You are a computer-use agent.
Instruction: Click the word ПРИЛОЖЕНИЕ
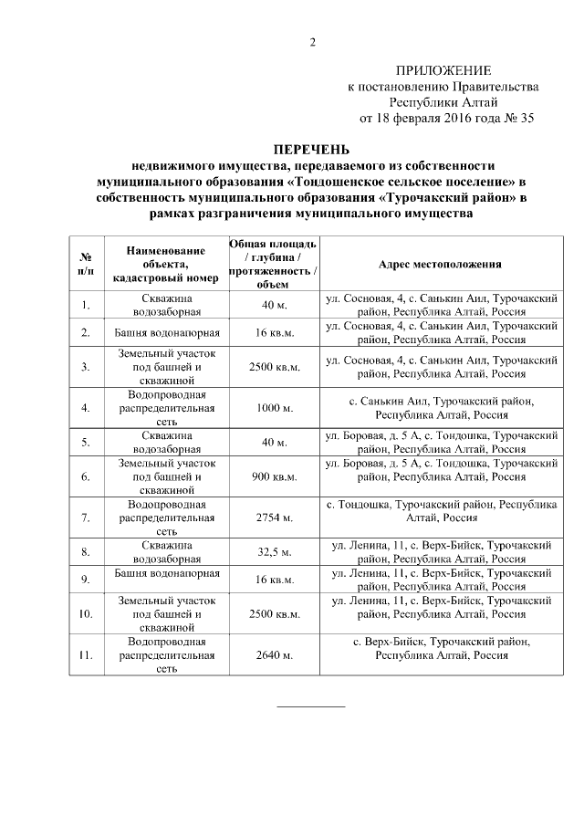coord(443,70)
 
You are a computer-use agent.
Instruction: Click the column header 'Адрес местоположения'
coord(442,264)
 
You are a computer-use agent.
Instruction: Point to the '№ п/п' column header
coord(85,264)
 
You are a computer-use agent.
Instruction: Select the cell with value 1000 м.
coord(274,408)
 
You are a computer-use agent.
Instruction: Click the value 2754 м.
coord(274,518)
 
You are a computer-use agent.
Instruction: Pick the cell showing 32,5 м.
coord(274,552)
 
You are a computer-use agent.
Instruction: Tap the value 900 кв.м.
coord(274,476)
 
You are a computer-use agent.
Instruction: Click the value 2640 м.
coord(274,655)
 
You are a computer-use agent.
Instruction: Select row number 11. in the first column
coord(85,655)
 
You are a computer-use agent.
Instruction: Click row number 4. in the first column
coord(85,408)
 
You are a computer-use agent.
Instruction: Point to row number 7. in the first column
coord(85,518)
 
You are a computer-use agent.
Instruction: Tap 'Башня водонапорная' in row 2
coord(166,332)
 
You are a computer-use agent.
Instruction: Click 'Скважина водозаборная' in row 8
coord(166,552)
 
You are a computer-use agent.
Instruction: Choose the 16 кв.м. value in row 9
coord(274,580)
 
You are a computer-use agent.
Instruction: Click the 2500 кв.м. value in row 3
coord(274,367)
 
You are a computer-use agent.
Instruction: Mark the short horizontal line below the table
coord(311,706)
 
